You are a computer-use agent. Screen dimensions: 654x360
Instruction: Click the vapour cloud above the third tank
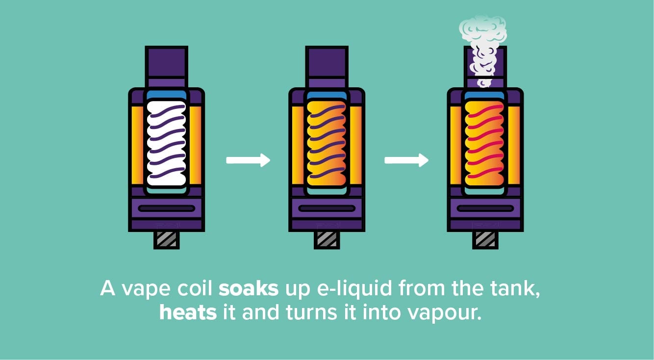point(483,50)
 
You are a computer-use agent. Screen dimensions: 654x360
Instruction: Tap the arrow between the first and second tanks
point(248,160)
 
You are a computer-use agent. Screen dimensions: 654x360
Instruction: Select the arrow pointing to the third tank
point(406,160)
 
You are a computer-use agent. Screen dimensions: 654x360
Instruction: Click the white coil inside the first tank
point(166,143)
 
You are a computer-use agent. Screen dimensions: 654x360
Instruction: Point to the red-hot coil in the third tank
point(484,143)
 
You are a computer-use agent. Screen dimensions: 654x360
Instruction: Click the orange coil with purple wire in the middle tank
point(327,143)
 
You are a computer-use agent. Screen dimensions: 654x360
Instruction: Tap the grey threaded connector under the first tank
point(166,240)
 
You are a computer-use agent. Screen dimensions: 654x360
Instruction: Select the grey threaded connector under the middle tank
point(327,240)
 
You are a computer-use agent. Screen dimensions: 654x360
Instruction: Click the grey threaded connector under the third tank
point(485,240)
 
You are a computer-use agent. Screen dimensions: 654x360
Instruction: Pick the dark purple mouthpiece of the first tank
point(166,62)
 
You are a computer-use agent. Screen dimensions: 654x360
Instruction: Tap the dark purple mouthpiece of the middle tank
point(327,62)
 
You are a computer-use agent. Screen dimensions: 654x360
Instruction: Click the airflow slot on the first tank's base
point(166,208)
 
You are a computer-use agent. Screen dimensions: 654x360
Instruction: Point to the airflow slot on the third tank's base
point(485,208)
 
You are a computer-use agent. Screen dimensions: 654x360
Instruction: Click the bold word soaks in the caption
point(249,288)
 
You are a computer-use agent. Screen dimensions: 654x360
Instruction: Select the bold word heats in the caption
point(188,312)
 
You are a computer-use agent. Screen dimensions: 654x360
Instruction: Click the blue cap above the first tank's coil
point(166,96)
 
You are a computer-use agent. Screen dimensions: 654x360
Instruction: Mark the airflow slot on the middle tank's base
point(327,208)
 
